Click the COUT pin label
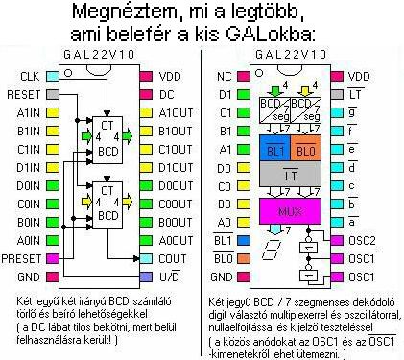point(172,258)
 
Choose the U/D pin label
point(169,276)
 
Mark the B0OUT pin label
point(176,222)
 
